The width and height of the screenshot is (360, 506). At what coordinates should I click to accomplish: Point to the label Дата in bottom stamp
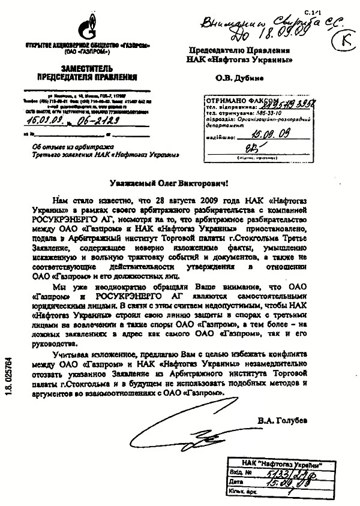coord(236,483)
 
